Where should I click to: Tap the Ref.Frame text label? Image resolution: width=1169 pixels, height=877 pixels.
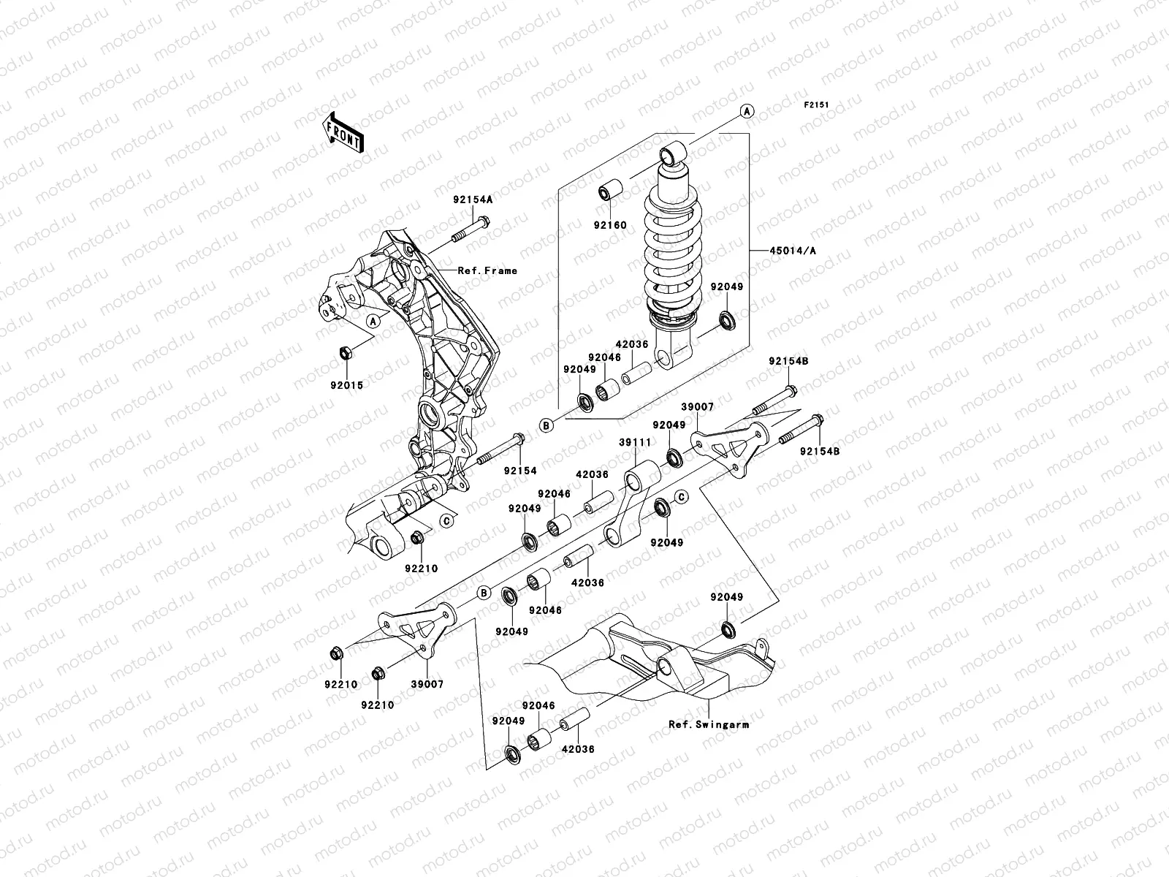[487, 270]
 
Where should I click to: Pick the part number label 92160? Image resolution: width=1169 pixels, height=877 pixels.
[609, 225]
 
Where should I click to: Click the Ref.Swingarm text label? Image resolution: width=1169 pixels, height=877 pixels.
[709, 725]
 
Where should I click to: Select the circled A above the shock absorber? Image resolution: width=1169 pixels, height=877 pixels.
[747, 111]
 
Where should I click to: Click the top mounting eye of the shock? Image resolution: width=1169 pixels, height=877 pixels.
[671, 155]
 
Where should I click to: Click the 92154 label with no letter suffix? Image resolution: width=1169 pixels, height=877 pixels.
[521, 471]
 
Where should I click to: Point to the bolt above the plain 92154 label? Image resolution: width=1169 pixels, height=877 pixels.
[503, 449]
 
